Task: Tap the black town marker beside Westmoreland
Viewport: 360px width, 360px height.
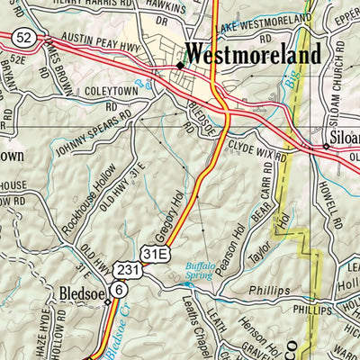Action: pos(180,66)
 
